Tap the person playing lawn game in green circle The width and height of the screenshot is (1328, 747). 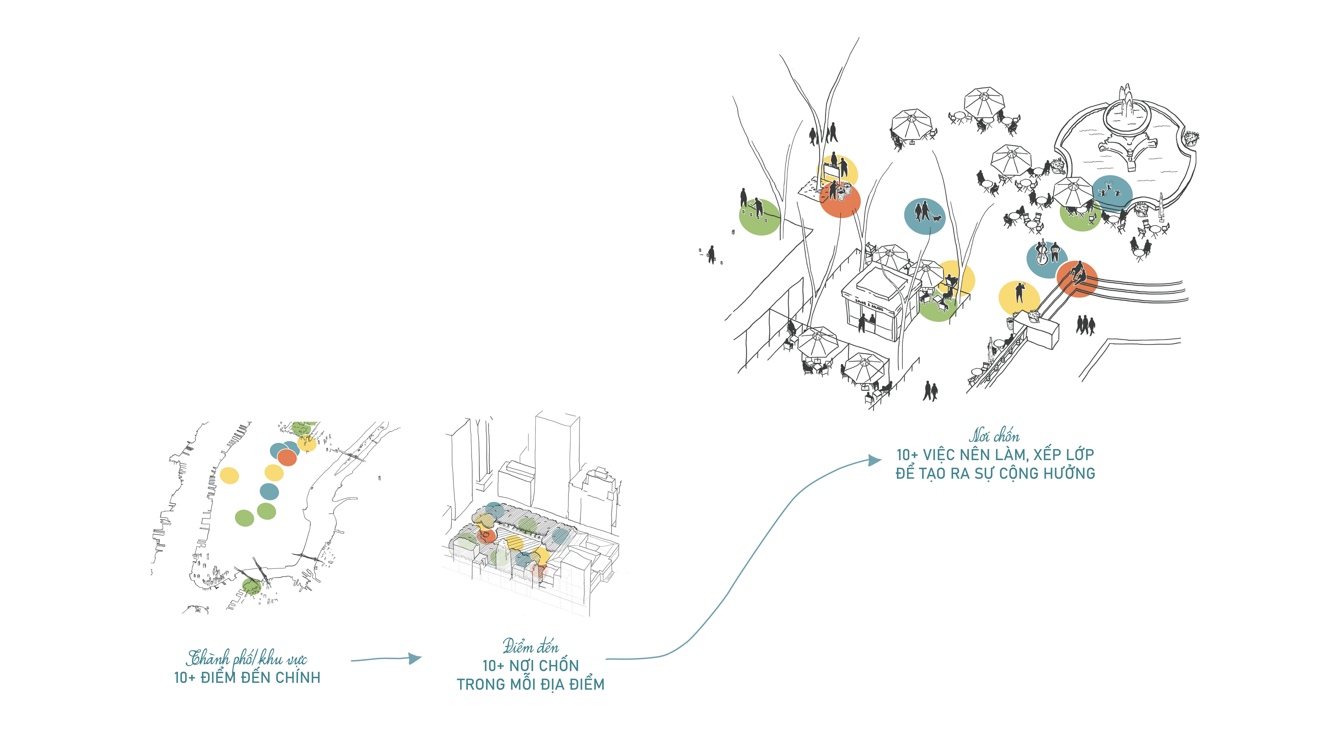pyautogui.click(x=757, y=209)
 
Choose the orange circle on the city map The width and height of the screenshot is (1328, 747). pyautogui.click(x=287, y=457)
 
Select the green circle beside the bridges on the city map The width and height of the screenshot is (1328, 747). pyautogui.click(x=252, y=586)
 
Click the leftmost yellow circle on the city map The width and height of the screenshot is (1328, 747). pyautogui.click(x=229, y=475)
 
